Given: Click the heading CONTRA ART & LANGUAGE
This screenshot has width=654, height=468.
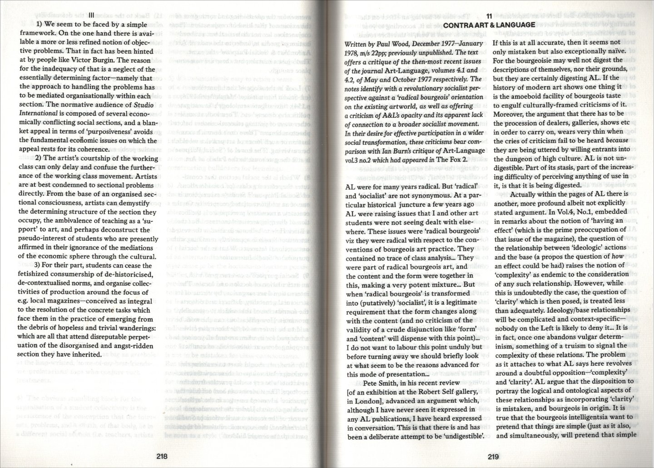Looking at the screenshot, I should (x=489, y=25).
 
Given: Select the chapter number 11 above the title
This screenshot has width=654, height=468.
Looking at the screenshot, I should (x=489, y=15).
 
